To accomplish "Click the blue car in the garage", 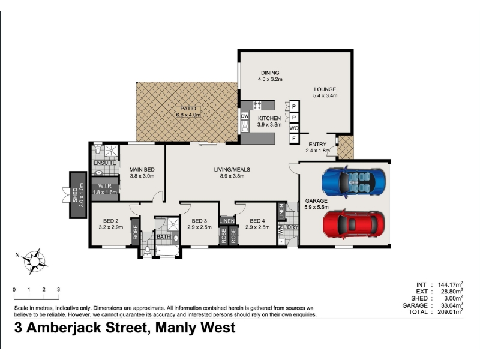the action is click(x=353, y=182).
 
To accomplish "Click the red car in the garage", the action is click(x=354, y=224).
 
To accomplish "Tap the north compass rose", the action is click(x=35, y=261).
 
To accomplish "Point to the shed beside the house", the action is click(x=78, y=194).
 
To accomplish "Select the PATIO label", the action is click(x=188, y=109).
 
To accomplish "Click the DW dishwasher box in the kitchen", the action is click(x=245, y=116).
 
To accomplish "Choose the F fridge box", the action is click(x=294, y=139).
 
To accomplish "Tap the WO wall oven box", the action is click(x=294, y=128).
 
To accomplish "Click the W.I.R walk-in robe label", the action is click(x=104, y=186).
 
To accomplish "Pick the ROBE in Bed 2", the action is click(x=136, y=232).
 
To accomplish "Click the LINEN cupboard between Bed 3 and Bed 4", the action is click(x=227, y=221).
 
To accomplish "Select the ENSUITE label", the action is click(x=104, y=163).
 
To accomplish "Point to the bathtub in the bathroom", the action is click(x=167, y=251).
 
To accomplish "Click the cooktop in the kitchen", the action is click(x=257, y=106).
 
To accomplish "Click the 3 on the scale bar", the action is click(x=58, y=289).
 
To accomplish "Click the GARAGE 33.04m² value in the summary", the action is click(x=450, y=305).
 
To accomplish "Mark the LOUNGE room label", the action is click(x=325, y=89).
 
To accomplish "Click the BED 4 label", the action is click(x=257, y=221).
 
